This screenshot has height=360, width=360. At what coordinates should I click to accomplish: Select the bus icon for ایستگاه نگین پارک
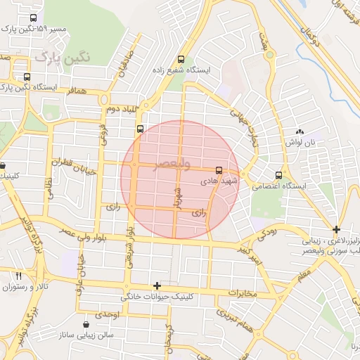coord(27,77)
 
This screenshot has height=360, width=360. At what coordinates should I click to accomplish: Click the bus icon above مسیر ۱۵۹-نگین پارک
coord(33,19)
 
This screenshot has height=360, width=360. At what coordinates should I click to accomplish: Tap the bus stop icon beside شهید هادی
coord(219,170)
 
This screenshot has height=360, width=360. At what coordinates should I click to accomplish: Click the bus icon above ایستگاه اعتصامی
coord(279,175)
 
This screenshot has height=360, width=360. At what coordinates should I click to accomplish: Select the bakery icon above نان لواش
coord(300,131)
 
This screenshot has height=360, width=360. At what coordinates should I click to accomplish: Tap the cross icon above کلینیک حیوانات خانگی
coord(157,285)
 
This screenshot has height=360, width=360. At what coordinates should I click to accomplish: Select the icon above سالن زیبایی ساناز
coord(86,324)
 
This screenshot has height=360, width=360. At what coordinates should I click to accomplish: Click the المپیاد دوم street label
coord(119,109)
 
